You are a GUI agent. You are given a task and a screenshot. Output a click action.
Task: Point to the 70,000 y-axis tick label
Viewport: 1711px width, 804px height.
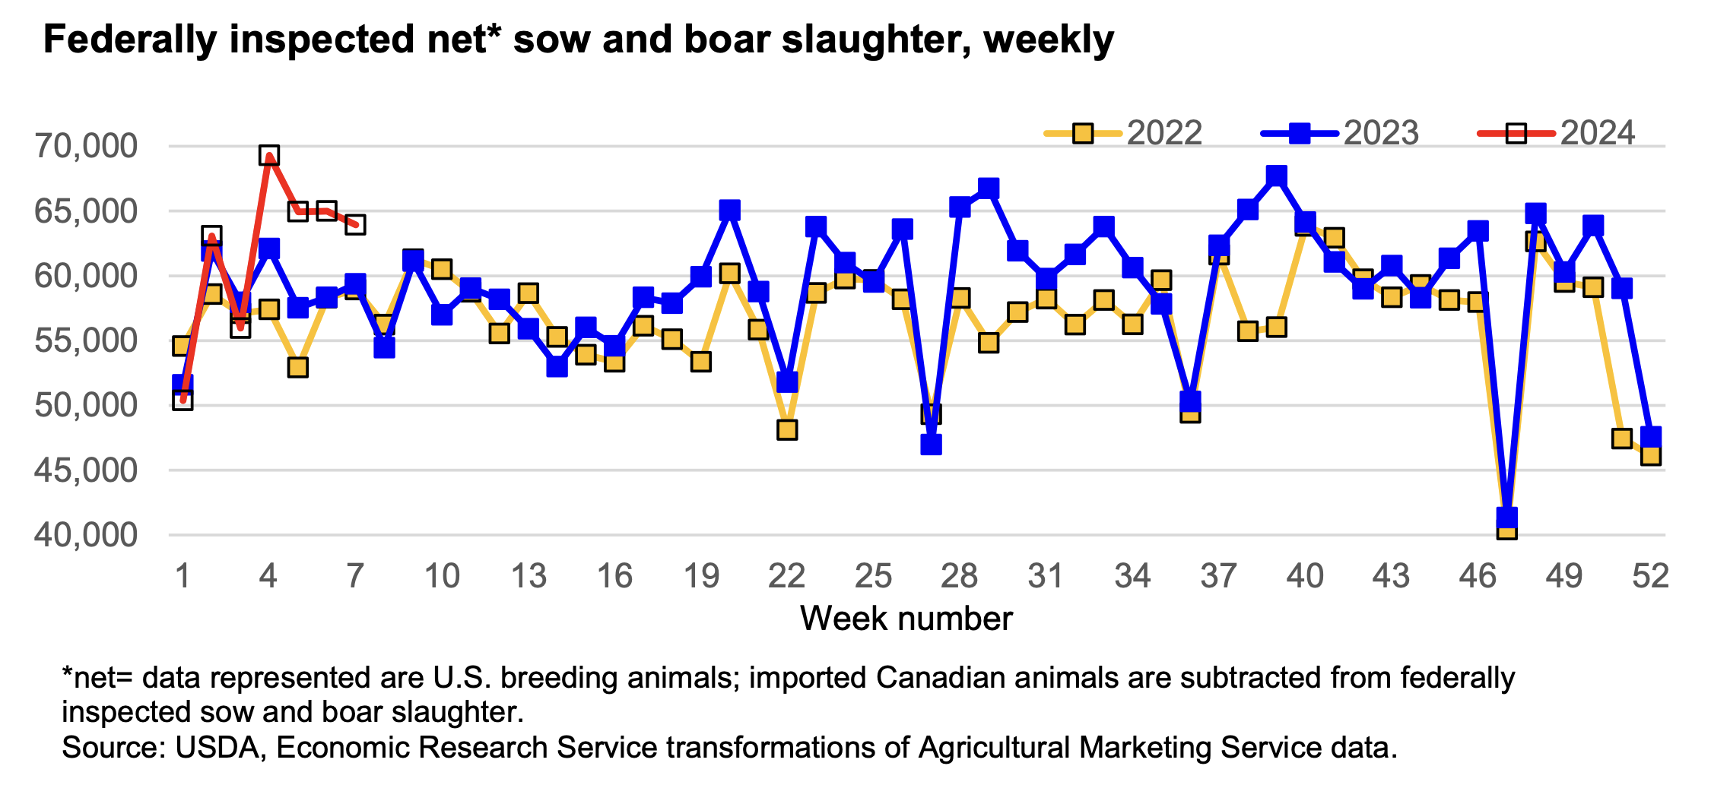tap(86, 146)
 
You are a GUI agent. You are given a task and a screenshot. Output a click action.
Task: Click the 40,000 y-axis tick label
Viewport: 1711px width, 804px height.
tap(86, 535)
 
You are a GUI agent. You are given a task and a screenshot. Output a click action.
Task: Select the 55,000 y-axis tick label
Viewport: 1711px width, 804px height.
tap(86, 340)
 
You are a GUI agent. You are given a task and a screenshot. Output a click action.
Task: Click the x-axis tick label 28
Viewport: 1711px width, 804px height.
tap(959, 576)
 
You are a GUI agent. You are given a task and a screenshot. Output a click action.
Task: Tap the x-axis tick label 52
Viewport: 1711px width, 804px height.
tap(1650, 576)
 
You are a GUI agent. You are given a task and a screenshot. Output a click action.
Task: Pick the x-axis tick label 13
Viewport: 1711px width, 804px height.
tap(528, 576)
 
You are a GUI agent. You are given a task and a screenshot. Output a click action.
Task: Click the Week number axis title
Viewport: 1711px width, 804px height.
tap(906, 619)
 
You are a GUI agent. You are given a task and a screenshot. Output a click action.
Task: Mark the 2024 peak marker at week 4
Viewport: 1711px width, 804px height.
tap(268, 156)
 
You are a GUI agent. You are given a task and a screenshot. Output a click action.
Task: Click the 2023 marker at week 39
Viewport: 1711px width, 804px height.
tap(1277, 176)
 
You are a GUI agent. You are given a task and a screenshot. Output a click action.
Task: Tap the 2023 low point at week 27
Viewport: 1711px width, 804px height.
tap(931, 445)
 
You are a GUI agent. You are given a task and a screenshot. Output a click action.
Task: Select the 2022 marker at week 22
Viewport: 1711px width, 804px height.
tap(787, 430)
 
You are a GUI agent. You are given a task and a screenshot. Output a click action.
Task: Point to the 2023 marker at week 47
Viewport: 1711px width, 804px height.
tap(1506, 518)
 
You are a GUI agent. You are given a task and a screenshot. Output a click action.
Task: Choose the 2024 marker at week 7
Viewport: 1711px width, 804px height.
tap(355, 225)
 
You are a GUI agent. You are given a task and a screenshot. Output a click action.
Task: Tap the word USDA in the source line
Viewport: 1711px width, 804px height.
tap(217, 748)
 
